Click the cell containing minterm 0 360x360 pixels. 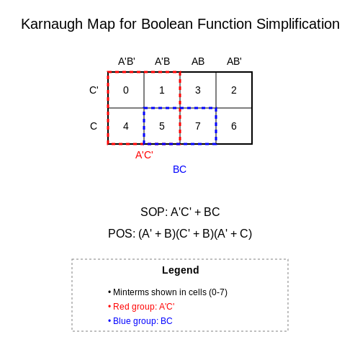[126, 90]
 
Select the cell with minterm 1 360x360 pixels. [162, 90]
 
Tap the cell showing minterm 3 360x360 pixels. [198, 90]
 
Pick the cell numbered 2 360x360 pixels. [234, 90]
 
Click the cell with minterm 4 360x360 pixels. [126, 126]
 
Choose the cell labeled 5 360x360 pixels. [162, 126]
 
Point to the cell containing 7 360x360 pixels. [198, 126]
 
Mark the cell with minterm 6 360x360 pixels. [234, 126]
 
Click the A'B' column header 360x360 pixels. [127, 61]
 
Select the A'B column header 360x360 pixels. [162, 61]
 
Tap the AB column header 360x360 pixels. [198, 61]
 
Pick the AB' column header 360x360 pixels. [234, 61]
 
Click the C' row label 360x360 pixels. [94, 90]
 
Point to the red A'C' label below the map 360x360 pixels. [144, 155]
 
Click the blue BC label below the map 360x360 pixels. [179, 169]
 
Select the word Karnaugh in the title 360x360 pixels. [52, 24]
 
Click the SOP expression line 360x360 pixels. [180, 212]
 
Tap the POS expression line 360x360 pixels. [180, 233]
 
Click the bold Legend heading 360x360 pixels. [181, 270]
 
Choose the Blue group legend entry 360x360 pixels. [140, 321]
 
